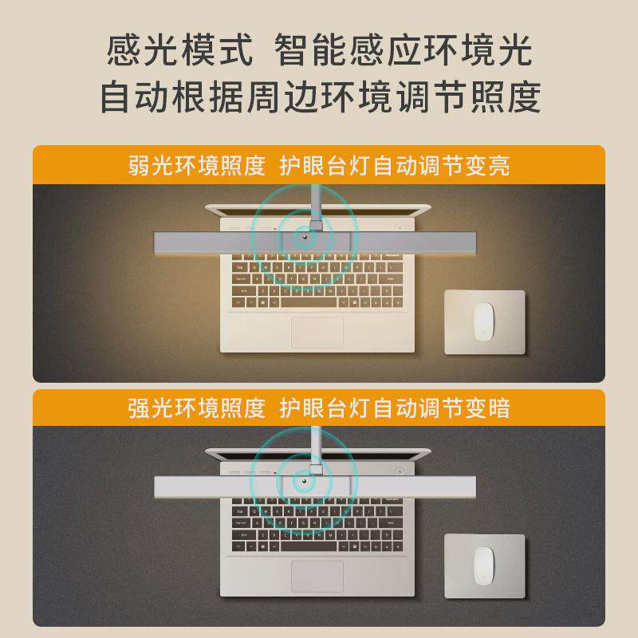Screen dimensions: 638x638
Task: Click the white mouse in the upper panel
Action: [483, 321]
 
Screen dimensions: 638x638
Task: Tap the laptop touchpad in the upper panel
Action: [317, 332]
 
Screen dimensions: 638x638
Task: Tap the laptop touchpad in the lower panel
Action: [317, 575]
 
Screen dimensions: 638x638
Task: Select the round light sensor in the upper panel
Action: [305, 238]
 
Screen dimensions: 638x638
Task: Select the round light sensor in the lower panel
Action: [305, 481]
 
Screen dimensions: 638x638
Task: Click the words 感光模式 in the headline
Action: [179, 52]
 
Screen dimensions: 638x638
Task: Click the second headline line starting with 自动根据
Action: [319, 98]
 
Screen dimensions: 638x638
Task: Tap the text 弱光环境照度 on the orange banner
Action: [196, 166]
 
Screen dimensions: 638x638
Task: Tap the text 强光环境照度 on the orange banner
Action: [196, 408]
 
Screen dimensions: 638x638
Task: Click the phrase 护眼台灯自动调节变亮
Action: [395, 166]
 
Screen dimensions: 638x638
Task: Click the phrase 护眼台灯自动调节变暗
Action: [395, 408]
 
